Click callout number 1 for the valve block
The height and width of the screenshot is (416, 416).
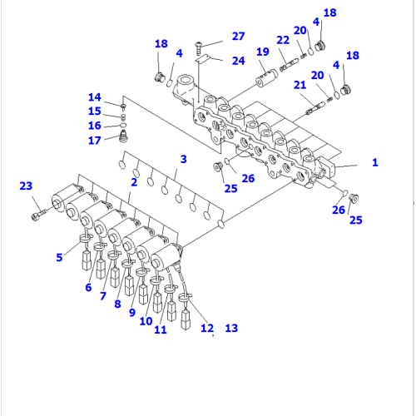374,162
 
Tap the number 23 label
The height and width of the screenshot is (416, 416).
25,186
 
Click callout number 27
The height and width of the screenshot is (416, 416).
238,36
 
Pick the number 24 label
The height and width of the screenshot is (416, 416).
238,61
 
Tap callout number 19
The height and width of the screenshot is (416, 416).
263,52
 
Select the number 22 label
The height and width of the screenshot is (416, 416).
284,41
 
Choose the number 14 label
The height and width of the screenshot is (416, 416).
95,97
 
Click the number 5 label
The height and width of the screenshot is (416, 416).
59,257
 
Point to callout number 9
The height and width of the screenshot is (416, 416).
131,313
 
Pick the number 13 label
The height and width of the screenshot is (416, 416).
231,329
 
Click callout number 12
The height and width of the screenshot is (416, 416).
206,329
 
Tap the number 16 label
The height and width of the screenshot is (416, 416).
95,125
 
